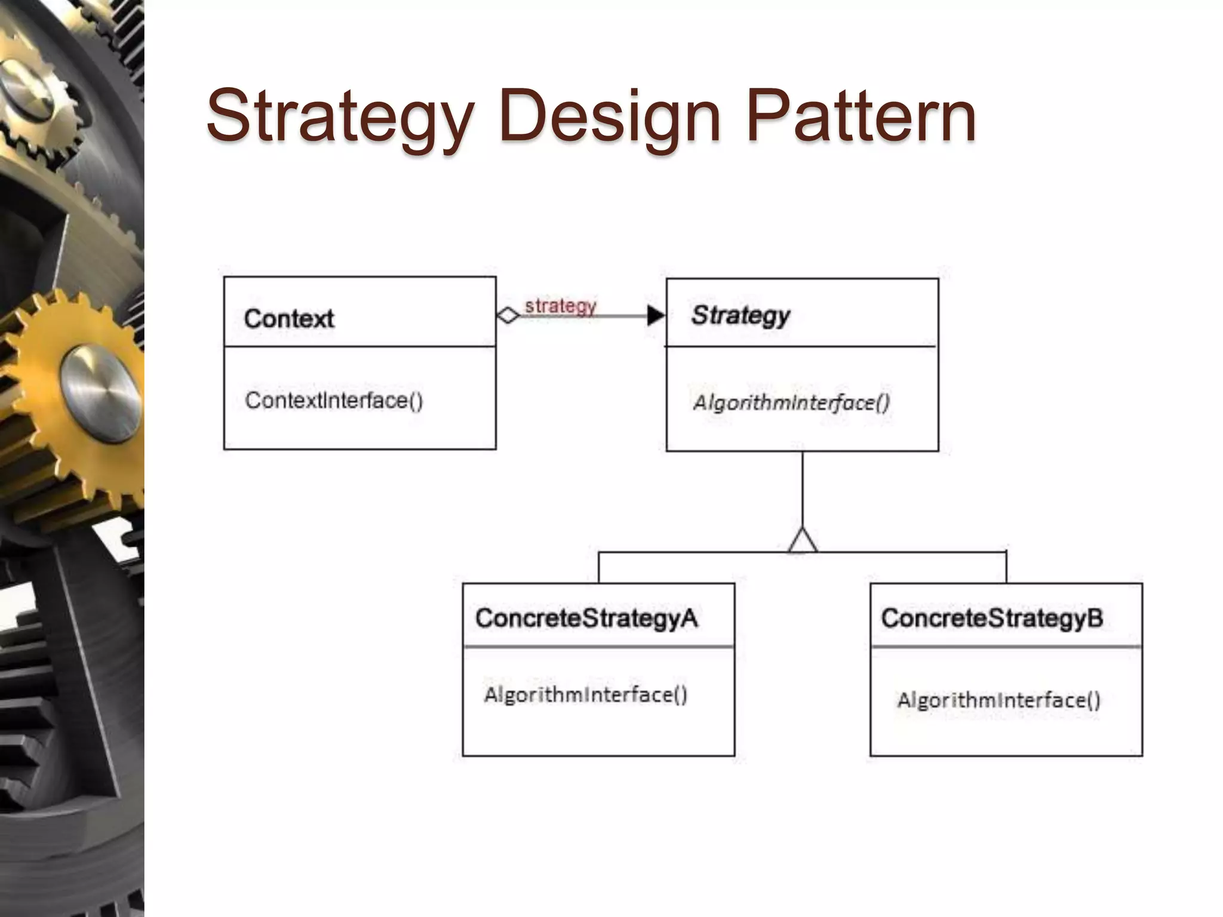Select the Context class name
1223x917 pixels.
pos(289,319)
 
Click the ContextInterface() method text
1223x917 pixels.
pos(334,400)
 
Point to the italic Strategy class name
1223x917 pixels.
pos(740,315)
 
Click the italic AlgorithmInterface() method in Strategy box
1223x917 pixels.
pos(791,403)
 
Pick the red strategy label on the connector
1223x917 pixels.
pos(560,306)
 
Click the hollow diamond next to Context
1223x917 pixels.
pos(508,315)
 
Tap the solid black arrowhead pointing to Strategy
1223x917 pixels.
pos(656,315)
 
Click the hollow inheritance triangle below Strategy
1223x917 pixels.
pos(802,541)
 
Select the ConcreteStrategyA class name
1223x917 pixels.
pos(586,618)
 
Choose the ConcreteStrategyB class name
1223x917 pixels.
pos(992,618)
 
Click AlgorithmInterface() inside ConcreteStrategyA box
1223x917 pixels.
pos(586,695)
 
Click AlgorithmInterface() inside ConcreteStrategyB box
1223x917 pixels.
pos(998,700)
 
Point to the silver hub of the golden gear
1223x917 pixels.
pos(100,394)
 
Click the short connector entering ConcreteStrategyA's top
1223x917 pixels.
pos(599,568)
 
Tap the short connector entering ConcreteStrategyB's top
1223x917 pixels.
pos(1006,568)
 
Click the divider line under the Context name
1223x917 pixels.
pos(359,346)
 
